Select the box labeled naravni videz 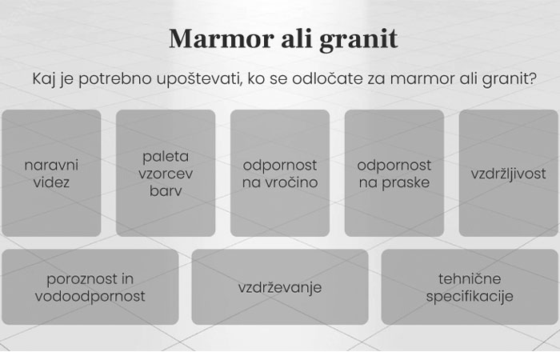[52, 173]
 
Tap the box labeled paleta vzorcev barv [166, 173]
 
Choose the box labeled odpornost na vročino [280, 173]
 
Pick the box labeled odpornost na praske [394, 173]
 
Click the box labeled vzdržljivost [508, 173]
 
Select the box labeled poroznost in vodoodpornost [90, 287]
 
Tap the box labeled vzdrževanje [280, 287]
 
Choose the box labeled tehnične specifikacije [470, 287]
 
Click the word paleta [166, 156]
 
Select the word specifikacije [470, 296]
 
